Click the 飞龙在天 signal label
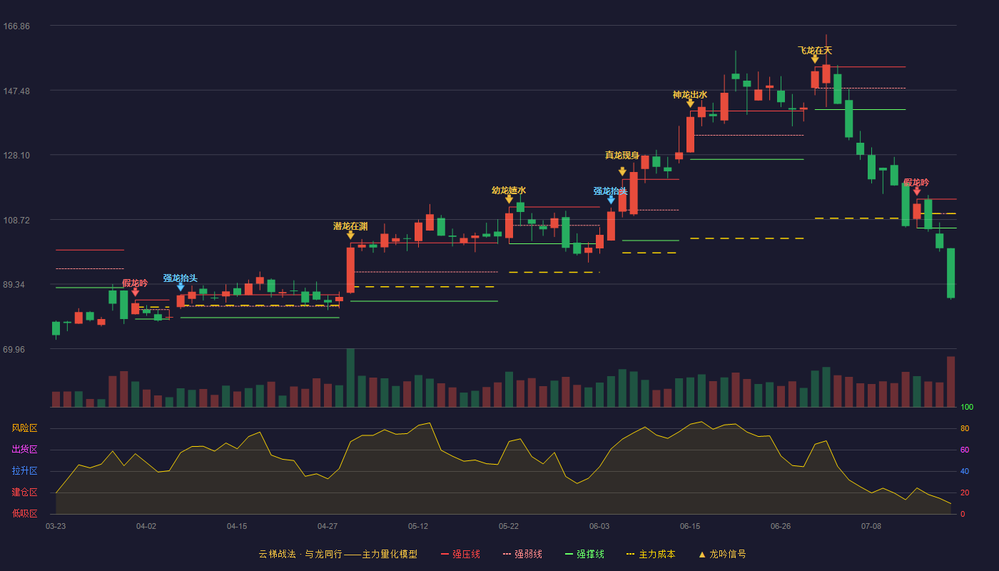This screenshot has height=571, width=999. click(815, 51)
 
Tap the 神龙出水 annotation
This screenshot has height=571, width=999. click(690, 94)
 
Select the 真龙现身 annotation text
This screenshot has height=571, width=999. click(622, 156)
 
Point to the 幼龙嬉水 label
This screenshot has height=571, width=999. click(509, 191)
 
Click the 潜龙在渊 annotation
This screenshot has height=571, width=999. click(350, 226)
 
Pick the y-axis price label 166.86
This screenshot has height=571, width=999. click(16, 26)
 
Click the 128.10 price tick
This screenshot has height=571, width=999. click(16, 156)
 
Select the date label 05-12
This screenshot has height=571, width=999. click(418, 527)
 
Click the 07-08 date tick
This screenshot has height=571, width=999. click(871, 527)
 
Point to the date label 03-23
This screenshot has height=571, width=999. click(56, 527)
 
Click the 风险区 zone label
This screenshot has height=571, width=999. click(24, 428)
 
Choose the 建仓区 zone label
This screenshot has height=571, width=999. click(24, 492)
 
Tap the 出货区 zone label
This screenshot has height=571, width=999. click(24, 449)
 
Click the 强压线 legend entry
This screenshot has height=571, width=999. click(460, 554)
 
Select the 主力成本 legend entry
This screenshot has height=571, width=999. click(651, 554)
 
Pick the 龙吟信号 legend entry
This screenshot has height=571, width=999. click(722, 554)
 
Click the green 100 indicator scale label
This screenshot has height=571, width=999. click(967, 407)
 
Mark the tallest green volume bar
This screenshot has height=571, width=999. click(350, 378)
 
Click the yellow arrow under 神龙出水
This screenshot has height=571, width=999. click(690, 103)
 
